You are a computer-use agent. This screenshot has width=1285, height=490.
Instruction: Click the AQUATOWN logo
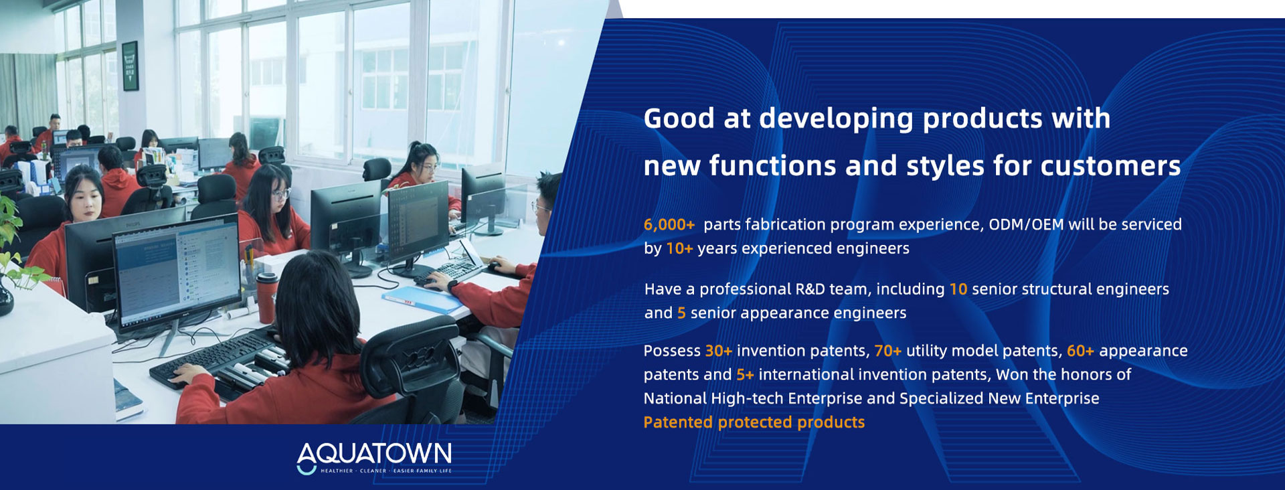tap(374, 458)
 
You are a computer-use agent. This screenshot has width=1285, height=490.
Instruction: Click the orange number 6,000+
tap(669, 225)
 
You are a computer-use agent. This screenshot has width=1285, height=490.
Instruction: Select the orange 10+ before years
tap(679, 249)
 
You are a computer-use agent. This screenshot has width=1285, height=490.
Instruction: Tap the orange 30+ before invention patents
tap(718, 351)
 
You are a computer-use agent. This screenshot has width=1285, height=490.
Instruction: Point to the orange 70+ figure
tap(887, 351)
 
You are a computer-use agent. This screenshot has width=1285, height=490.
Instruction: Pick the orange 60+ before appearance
tap(1080, 351)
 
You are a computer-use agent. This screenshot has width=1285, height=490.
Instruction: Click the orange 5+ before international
tap(745, 375)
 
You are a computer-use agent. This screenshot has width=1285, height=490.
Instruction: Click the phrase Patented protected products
tap(754, 422)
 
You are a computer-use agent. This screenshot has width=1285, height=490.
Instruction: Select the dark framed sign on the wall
tap(130, 66)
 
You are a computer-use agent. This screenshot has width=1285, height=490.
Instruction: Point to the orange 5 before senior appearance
tap(681, 313)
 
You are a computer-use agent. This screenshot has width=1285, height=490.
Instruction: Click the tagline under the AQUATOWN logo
tap(386, 471)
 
